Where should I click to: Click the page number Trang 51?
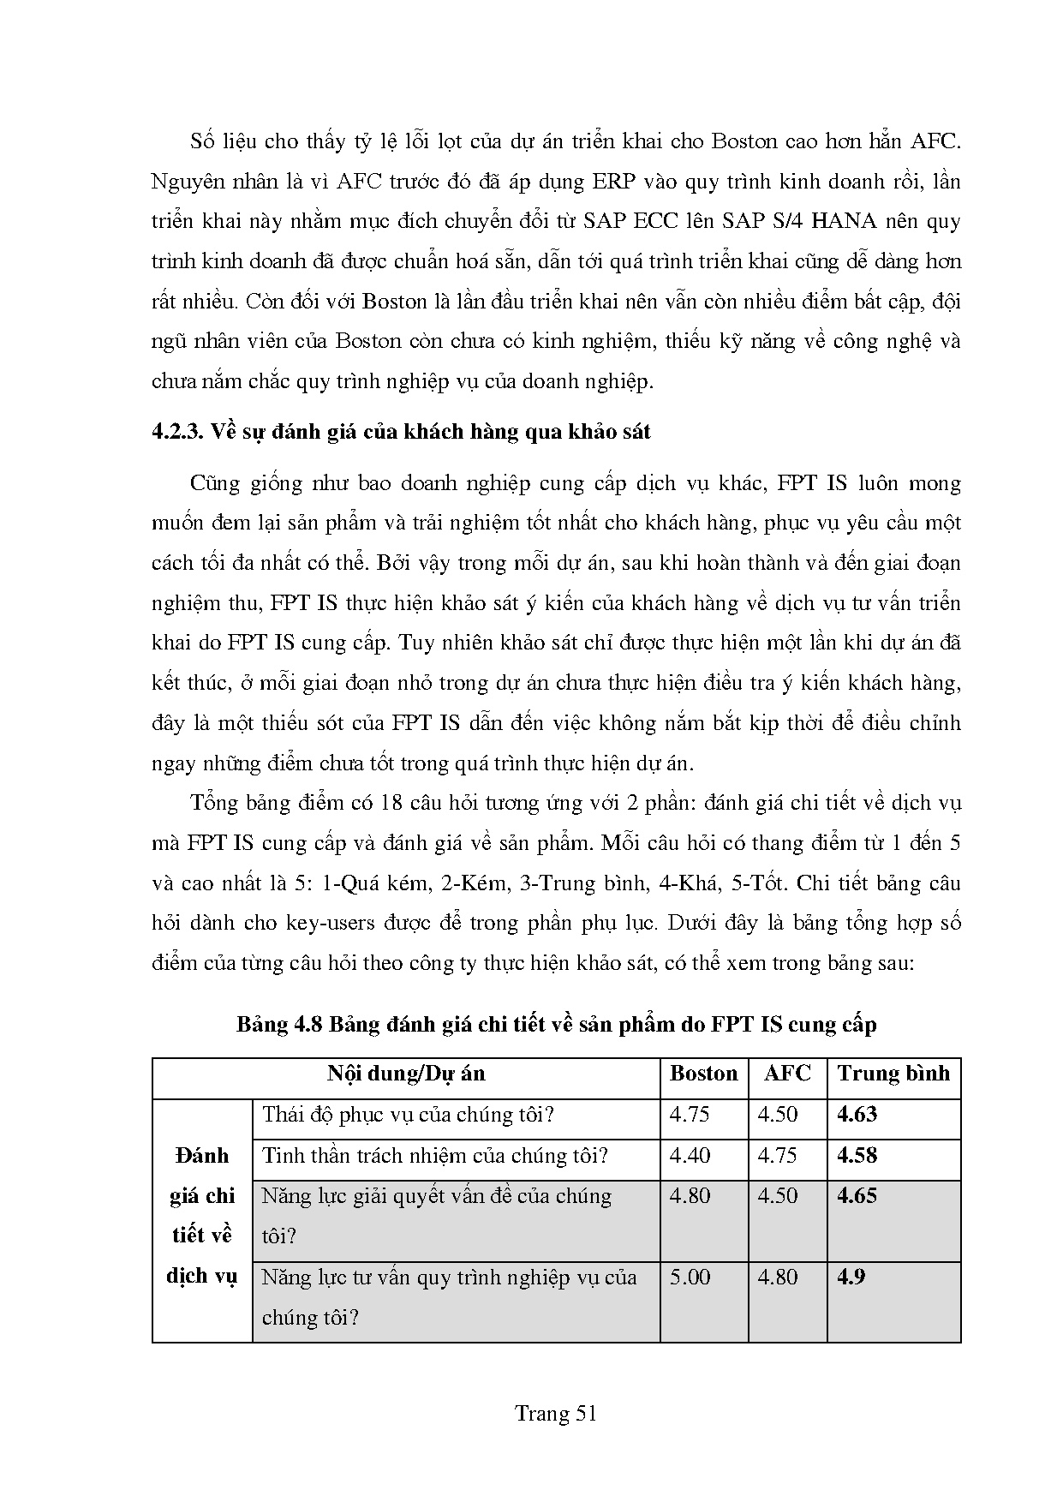point(555,1413)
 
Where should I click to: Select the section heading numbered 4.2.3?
point(401,431)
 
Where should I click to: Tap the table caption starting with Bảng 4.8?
point(556,1024)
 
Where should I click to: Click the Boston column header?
point(703,1074)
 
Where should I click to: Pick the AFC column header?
point(786,1074)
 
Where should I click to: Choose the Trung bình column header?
point(893,1074)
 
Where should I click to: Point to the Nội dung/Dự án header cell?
point(406,1074)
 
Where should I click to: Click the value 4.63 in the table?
point(857,1115)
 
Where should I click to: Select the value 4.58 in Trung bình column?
point(857,1155)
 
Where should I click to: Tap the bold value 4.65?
point(857,1196)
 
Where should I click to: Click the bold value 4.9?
point(851,1277)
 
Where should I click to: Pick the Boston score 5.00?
point(690,1277)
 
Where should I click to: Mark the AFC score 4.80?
point(778,1277)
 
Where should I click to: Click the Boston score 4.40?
point(690,1155)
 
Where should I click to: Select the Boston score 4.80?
point(690,1196)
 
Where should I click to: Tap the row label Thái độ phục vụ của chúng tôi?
point(409,1115)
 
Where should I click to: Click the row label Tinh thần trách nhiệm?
point(434,1155)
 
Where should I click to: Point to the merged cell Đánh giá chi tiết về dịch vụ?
point(201,1216)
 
